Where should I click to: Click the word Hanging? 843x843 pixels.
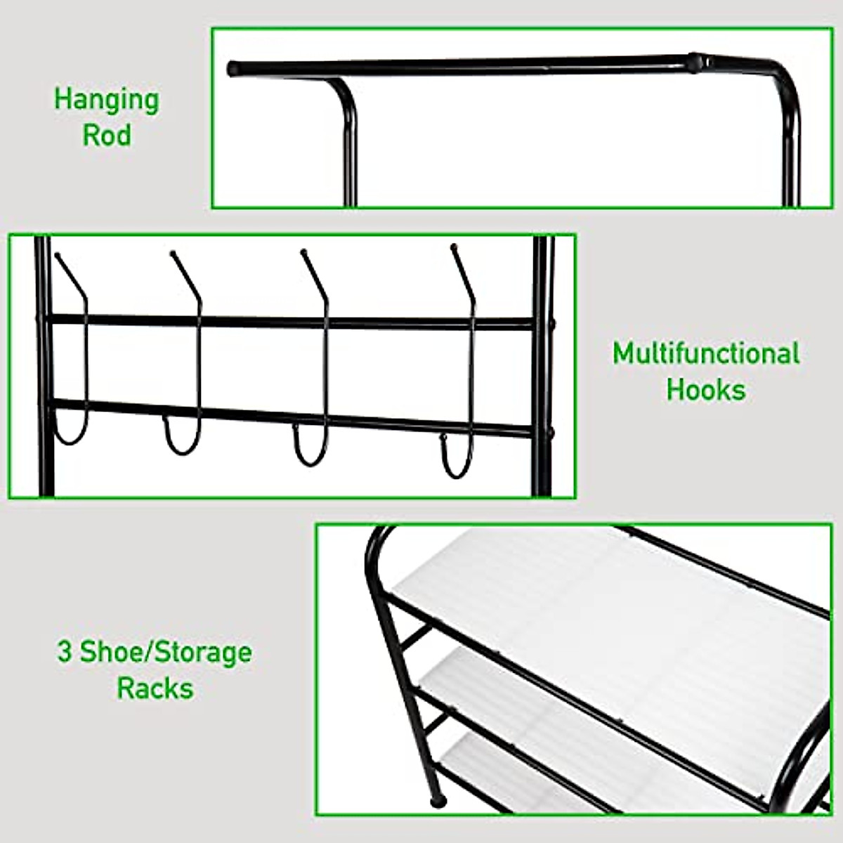(x=107, y=100)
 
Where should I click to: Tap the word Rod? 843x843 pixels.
(x=107, y=135)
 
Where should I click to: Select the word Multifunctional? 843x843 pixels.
(x=705, y=353)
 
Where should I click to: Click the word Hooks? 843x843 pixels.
(x=705, y=389)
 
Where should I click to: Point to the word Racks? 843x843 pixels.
(x=155, y=688)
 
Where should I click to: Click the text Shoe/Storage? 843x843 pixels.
(x=166, y=652)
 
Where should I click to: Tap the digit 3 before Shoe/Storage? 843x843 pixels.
(x=65, y=652)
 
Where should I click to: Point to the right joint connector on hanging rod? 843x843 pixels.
(x=697, y=62)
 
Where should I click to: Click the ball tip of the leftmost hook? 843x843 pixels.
(x=58, y=256)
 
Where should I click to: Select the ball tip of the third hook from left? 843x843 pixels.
(x=304, y=251)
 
